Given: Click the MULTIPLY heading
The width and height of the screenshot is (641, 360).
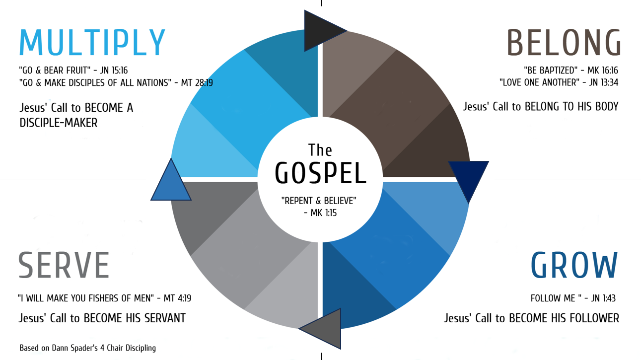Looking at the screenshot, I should (92, 43).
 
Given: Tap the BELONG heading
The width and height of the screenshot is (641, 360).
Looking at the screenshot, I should (564, 43).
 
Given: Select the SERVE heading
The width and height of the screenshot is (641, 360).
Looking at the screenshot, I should (64, 265).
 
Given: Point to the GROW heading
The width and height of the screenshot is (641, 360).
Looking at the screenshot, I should (574, 265).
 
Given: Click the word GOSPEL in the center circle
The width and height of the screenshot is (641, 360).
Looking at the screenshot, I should (320, 172).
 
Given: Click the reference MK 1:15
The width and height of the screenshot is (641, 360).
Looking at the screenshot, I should (324, 213).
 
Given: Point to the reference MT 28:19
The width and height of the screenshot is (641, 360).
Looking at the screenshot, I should (197, 83).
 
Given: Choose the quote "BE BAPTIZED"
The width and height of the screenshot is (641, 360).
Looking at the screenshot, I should (548, 71).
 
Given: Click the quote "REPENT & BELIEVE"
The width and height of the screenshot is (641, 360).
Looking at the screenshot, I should (319, 201).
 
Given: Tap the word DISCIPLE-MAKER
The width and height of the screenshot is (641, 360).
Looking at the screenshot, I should (59, 123).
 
